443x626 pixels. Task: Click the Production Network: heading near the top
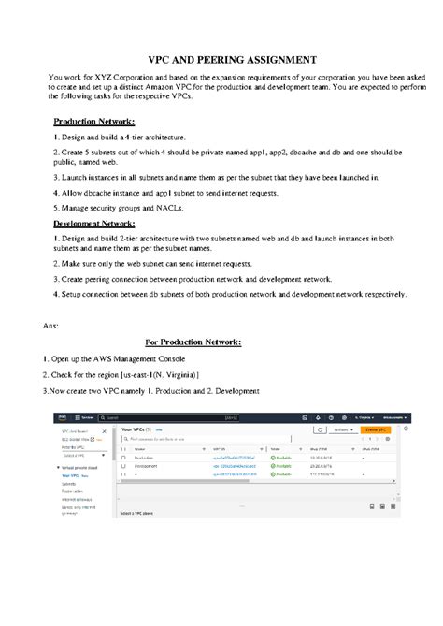pyautogui.click(x=93, y=122)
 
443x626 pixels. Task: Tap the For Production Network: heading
pyautogui.click(x=193, y=342)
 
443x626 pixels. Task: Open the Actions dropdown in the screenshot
pyautogui.click(x=344, y=429)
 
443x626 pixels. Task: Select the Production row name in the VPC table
pyautogui.click(x=146, y=457)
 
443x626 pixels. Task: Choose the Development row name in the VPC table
pyautogui.click(x=148, y=465)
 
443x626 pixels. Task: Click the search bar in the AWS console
pyautogui.click(x=178, y=417)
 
